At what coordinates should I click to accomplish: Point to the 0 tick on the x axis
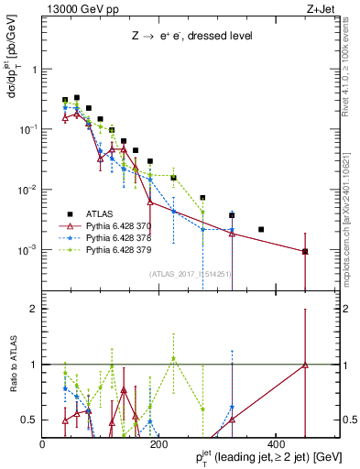point(43,444)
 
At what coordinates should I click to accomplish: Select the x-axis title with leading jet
point(256,457)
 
